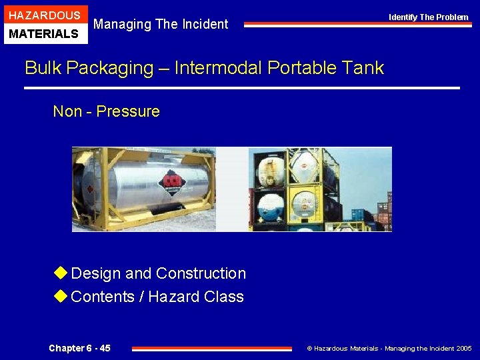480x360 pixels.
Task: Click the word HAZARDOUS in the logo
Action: click(x=45, y=15)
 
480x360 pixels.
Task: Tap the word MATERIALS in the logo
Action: click(x=45, y=34)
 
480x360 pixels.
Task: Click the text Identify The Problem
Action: click(x=429, y=17)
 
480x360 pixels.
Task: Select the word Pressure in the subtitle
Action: click(x=128, y=111)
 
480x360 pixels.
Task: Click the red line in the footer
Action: click(x=212, y=348)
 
